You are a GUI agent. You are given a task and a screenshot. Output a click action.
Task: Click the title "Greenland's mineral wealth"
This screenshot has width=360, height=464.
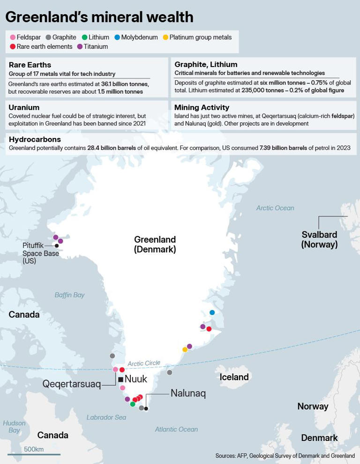click(99, 17)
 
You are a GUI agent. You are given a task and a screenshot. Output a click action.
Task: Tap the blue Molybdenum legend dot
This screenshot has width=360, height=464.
click(117, 37)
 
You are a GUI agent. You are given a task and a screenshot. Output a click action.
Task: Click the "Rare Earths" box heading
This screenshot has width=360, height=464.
click(30, 65)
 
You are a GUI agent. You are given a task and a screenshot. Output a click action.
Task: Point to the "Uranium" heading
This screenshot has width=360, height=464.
click(24, 107)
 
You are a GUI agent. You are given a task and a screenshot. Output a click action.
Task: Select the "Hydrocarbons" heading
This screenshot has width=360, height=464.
click(35, 139)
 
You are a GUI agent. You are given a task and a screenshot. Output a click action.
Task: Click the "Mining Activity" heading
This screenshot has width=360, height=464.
click(202, 107)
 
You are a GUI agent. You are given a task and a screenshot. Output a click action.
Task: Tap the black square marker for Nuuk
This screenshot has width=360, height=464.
click(120, 379)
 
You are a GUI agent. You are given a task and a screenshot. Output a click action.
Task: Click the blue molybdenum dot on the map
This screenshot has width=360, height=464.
click(212, 312)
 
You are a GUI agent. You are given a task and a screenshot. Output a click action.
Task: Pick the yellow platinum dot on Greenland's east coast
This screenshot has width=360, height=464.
click(185, 350)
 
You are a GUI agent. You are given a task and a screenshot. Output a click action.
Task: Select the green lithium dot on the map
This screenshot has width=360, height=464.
click(133, 404)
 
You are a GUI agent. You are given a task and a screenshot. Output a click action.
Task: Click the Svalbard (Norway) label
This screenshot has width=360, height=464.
click(319, 239)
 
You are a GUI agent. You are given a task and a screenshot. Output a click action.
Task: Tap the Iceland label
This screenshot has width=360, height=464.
click(234, 377)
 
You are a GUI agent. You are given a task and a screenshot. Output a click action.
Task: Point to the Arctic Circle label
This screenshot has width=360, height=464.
click(144, 363)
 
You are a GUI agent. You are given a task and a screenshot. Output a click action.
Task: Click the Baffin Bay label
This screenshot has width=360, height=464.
click(69, 295)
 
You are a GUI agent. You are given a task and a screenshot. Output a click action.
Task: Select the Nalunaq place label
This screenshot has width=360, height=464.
click(188, 394)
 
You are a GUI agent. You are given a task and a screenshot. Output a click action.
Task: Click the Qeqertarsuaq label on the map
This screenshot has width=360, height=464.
click(71, 384)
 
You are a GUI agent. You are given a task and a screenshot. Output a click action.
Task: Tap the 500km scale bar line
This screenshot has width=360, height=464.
click(34, 455)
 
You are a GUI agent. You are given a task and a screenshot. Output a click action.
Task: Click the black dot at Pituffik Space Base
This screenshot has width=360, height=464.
click(57, 245)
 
